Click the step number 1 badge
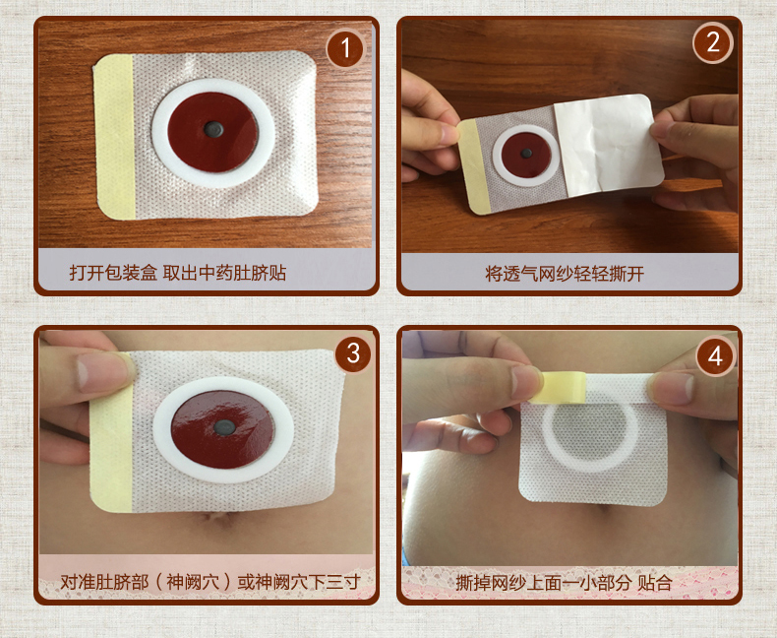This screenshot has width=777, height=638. click(345, 48)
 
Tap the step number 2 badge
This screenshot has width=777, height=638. click(713, 43)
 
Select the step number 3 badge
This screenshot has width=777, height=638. click(353, 353)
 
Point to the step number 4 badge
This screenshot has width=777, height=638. click(715, 355)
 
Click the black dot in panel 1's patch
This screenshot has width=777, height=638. click(213, 130)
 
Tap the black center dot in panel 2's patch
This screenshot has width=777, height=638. click(527, 154)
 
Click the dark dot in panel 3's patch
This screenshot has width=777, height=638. click(224, 427)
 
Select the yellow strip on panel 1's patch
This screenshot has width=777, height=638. click(115, 137)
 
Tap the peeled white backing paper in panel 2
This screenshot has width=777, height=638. click(608, 145)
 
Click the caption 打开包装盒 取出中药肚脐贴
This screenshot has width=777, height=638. click(178, 273)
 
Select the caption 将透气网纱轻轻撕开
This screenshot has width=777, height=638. click(565, 274)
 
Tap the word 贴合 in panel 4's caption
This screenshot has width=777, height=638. click(655, 583)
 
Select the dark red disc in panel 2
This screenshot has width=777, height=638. click(526, 155)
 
